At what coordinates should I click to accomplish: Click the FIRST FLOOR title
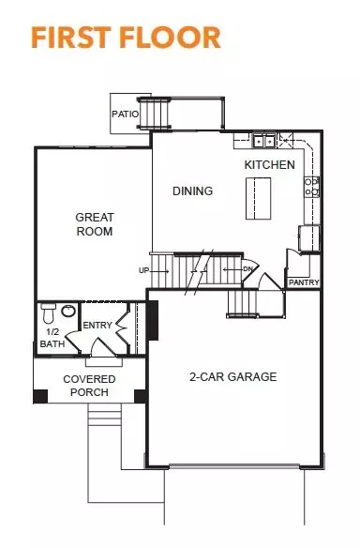click(126, 38)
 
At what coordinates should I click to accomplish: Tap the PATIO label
click(125, 114)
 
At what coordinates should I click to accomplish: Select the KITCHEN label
click(270, 164)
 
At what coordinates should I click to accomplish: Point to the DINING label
click(193, 190)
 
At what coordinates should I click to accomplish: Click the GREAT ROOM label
click(95, 224)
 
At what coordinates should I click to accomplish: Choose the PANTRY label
click(304, 282)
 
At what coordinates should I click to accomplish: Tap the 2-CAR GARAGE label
click(232, 377)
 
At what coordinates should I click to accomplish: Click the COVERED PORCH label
click(89, 386)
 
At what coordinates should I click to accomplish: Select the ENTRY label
click(97, 326)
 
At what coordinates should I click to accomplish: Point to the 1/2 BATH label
click(52, 338)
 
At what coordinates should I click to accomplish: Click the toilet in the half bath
click(48, 312)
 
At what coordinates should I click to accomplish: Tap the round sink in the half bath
click(68, 311)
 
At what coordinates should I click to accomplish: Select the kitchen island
click(259, 199)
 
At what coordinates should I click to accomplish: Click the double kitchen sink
click(264, 141)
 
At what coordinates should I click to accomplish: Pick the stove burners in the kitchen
click(311, 187)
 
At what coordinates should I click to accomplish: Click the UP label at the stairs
click(143, 270)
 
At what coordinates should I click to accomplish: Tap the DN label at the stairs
click(247, 269)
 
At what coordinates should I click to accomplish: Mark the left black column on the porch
click(40, 396)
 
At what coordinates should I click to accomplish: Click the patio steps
click(154, 114)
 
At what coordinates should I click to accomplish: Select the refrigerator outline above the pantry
click(309, 238)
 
